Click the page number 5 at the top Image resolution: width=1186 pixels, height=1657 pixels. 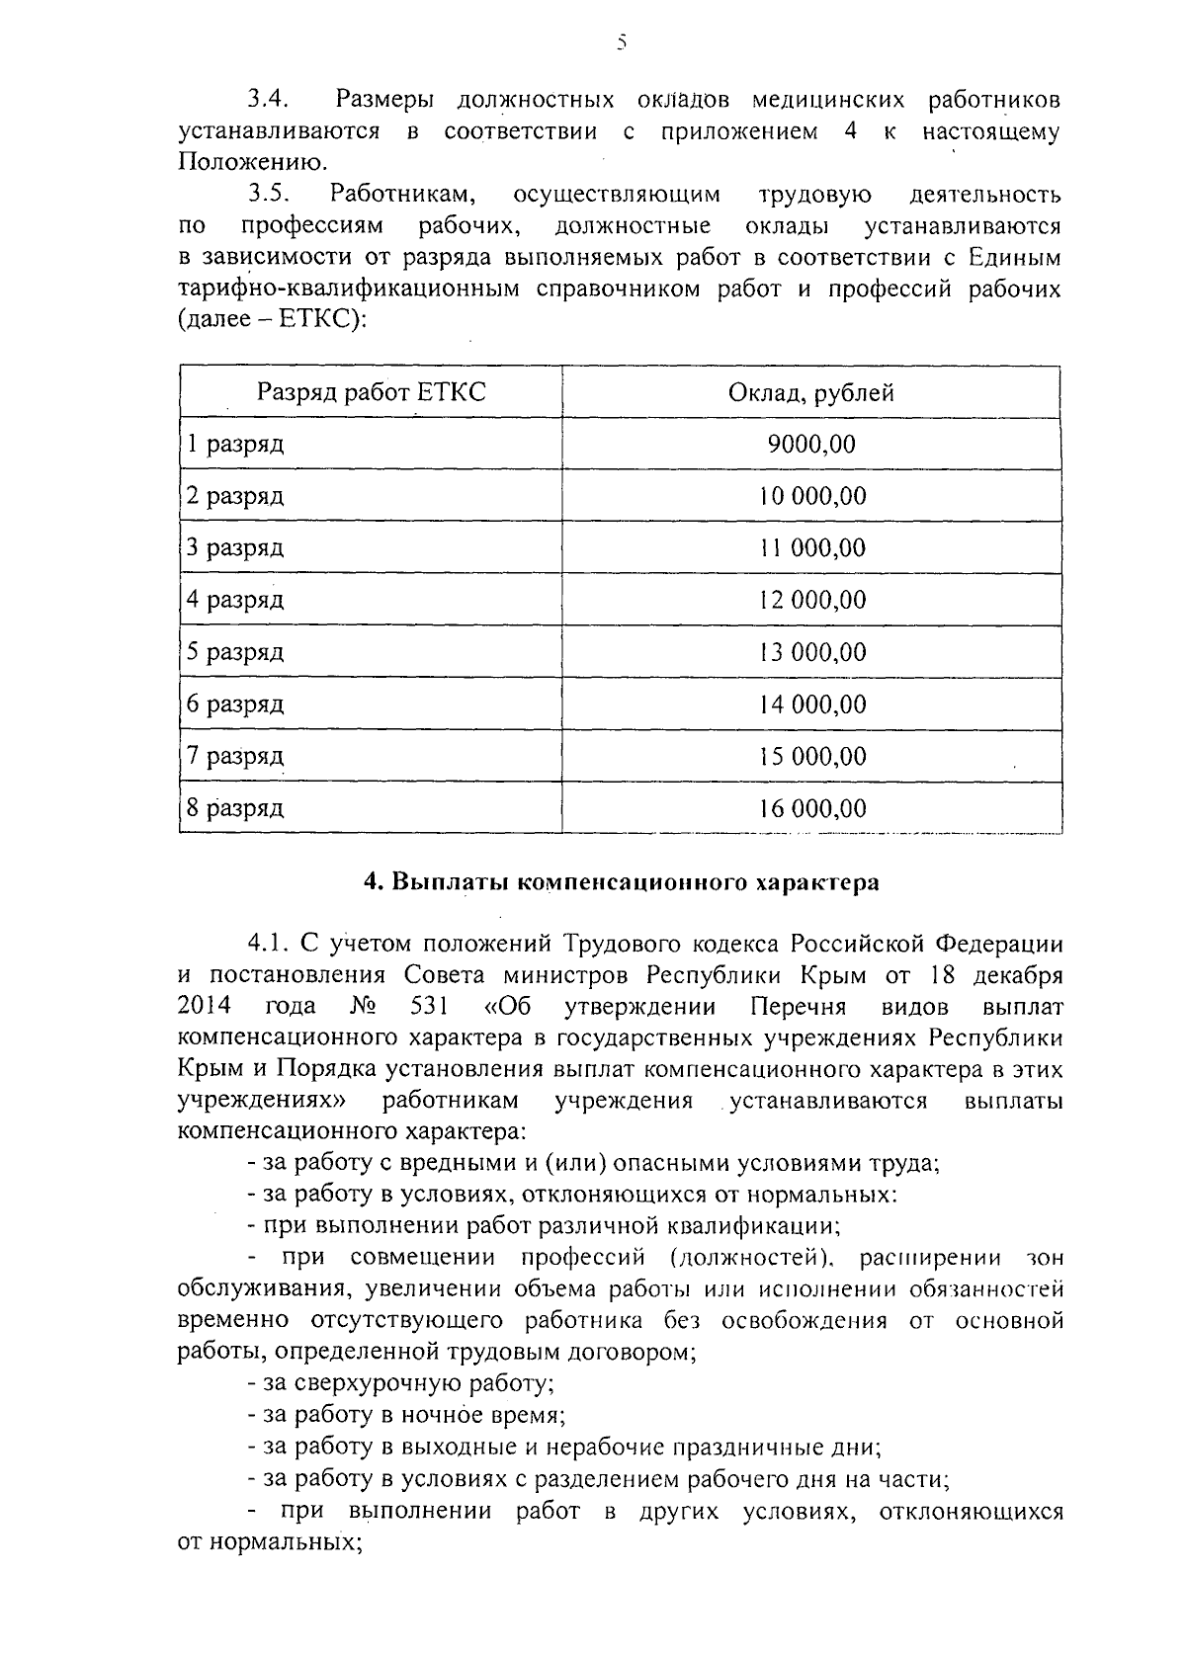pyautogui.click(x=621, y=42)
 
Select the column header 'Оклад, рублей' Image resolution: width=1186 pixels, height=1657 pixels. pyautogui.click(x=810, y=393)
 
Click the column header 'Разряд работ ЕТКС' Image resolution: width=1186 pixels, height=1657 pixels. pyautogui.click(x=372, y=393)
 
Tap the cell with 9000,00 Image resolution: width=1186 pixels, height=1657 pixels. pyautogui.click(x=810, y=445)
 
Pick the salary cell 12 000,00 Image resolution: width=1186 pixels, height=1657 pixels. pyautogui.click(x=811, y=600)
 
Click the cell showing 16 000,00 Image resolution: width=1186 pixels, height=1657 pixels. pyautogui.click(x=811, y=809)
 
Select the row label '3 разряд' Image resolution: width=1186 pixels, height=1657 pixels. pyautogui.click(x=235, y=548)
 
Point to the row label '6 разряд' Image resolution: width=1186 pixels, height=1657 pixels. pyautogui.click(x=235, y=704)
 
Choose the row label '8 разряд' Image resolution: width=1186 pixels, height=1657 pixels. pyautogui.click(x=235, y=809)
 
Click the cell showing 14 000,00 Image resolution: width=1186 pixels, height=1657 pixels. pyautogui.click(x=811, y=704)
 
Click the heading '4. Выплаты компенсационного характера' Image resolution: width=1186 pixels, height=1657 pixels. pyautogui.click(x=621, y=882)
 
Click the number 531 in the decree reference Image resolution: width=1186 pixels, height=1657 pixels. pyautogui.click(x=428, y=1007)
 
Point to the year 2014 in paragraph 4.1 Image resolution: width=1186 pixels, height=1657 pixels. pyautogui.click(x=205, y=1007)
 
